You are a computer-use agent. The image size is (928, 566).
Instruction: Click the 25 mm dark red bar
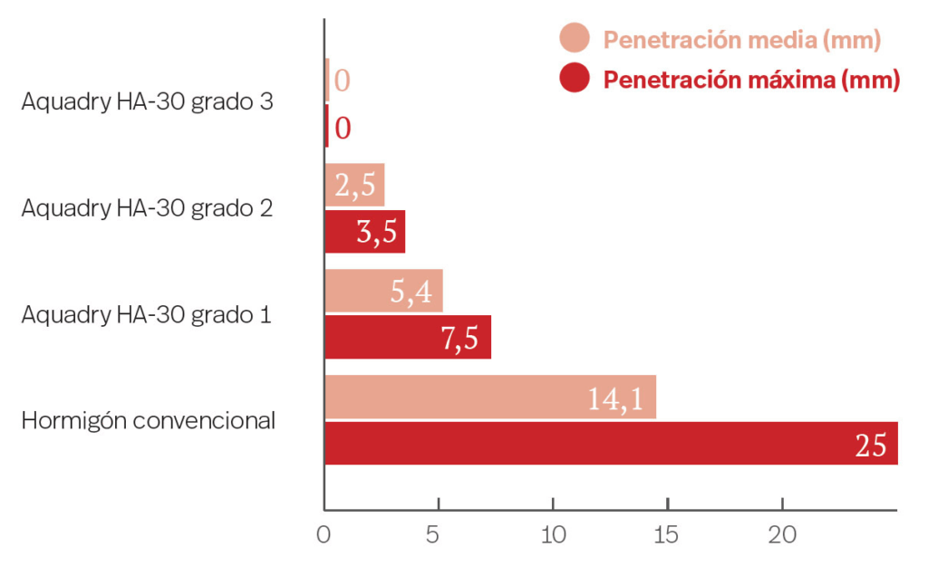click(611, 444)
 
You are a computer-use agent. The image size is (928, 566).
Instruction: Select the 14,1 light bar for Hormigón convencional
click(490, 398)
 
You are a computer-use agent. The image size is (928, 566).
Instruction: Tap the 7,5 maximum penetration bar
click(408, 338)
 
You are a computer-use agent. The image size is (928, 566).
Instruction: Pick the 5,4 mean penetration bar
click(383, 291)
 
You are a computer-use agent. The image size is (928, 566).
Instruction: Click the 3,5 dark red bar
click(364, 232)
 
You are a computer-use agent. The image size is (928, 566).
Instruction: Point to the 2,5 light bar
click(354, 185)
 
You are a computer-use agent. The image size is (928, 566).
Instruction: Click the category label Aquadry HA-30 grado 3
click(148, 102)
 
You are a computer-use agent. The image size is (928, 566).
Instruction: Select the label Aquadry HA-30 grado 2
click(148, 208)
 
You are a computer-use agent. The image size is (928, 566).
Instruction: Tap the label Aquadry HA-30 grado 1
click(148, 315)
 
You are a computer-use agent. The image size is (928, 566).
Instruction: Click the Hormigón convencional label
click(149, 421)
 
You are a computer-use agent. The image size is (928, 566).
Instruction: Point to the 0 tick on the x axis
click(324, 535)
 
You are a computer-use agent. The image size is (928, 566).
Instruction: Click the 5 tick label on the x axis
click(439, 535)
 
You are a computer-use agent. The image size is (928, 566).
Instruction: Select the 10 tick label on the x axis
click(553, 535)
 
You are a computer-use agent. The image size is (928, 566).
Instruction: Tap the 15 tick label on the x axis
click(667, 535)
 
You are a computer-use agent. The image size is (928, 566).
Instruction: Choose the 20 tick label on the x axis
click(782, 535)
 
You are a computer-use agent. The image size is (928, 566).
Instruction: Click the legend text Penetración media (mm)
click(742, 40)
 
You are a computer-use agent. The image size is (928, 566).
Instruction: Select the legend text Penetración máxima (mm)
click(751, 80)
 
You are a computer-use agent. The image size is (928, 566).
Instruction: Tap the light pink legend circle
click(575, 39)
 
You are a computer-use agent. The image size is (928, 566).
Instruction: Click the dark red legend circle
click(575, 79)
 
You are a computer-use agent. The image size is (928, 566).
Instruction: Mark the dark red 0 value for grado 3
click(343, 128)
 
